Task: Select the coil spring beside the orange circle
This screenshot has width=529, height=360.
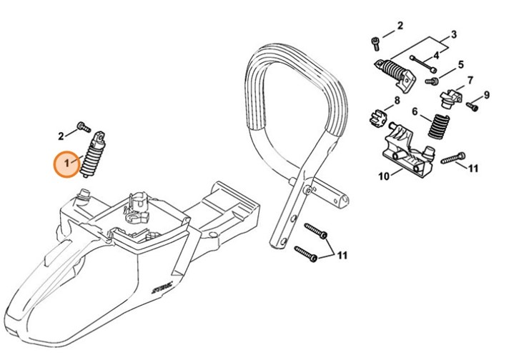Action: tap(92, 156)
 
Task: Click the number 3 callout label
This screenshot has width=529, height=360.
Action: tap(453, 34)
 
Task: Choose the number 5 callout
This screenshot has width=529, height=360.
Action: tap(460, 64)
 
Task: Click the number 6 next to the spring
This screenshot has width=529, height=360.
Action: tap(415, 111)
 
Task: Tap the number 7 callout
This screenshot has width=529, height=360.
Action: tap(470, 80)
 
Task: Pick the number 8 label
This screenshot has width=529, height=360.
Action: tap(397, 100)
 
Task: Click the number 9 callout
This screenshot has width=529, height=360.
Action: tap(487, 95)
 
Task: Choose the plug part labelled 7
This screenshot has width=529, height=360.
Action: tap(449, 96)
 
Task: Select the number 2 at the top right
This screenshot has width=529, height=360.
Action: tap(400, 26)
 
